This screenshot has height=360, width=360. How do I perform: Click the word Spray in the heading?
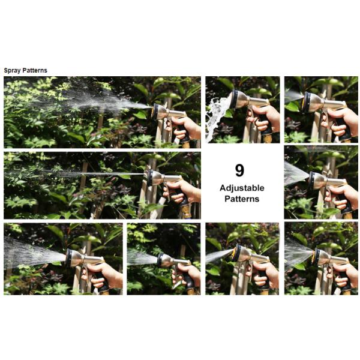[x=13, y=70]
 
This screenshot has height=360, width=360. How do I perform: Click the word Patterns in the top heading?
[x=35, y=70]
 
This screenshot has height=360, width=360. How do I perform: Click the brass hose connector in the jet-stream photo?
[x=185, y=211]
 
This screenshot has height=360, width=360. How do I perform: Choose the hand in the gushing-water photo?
[x=265, y=116]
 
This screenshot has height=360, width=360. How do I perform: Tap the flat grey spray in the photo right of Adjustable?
[x=295, y=173]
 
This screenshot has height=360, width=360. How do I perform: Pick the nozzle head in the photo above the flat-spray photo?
[x=313, y=103]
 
